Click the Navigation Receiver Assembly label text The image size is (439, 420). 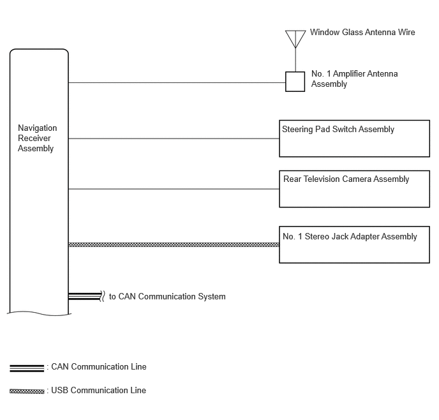[x=37, y=138]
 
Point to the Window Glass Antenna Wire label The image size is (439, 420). [x=362, y=32]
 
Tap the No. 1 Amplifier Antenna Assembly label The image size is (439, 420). [x=354, y=79]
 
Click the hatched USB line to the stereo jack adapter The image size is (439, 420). [x=174, y=244]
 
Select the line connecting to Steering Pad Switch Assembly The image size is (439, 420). [x=174, y=139]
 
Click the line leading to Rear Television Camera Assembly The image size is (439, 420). [x=174, y=189]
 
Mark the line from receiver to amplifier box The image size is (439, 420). [x=177, y=82]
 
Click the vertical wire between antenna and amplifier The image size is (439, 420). [x=295, y=60]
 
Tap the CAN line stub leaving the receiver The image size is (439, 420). [x=85, y=296]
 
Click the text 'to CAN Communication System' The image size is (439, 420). [x=167, y=297]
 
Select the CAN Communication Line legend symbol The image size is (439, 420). [x=27, y=368]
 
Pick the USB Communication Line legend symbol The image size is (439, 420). [x=27, y=391]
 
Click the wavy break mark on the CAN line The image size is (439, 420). [x=103, y=296]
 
